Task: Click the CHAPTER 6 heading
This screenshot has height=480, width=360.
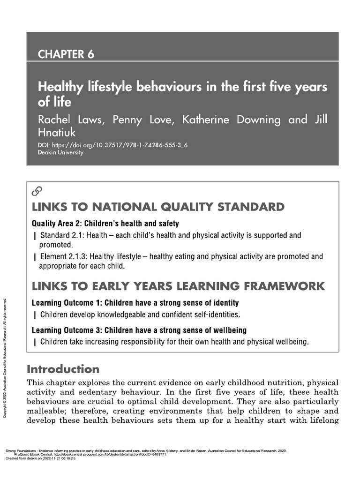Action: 66,54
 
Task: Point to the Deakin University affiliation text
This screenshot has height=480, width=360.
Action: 60,153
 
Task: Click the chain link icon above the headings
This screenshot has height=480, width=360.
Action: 37,191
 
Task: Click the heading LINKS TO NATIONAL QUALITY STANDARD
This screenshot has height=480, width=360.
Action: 157,207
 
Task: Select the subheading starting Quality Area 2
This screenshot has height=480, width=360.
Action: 105,224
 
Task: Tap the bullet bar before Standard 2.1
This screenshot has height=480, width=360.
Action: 35,236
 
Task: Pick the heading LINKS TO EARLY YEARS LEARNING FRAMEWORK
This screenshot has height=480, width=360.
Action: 178,286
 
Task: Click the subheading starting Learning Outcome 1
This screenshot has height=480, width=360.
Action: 135,303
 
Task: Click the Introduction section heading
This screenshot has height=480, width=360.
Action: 63,368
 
